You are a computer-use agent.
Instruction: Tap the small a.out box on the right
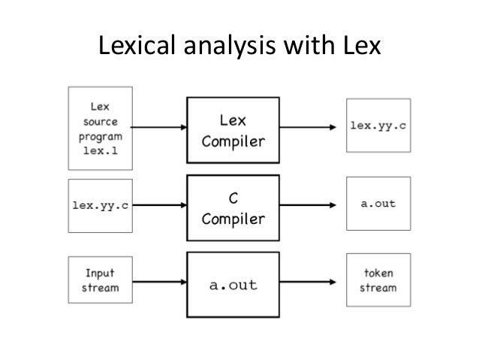[378, 204]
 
